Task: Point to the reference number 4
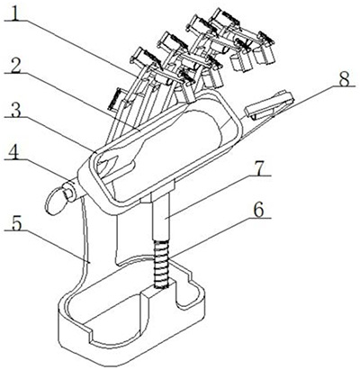tap(14, 154)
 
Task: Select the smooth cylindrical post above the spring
tap(161, 214)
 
